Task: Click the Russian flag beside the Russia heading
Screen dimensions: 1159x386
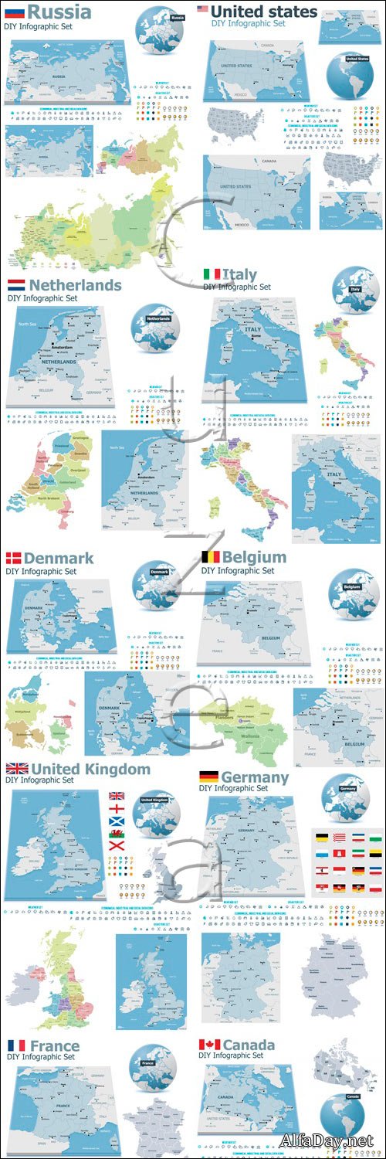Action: (x=15, y=13)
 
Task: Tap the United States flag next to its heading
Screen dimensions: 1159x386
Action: (x=203, y=9)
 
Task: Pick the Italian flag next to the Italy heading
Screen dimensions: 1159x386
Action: (x=212, y=274)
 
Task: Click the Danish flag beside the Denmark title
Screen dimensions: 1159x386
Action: (x=14, y=558)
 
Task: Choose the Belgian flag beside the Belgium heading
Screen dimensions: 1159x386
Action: (x=210, y=556)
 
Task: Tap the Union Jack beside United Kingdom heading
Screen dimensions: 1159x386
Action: (x=17, y=769)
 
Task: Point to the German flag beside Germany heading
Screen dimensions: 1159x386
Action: (x=208, y=776)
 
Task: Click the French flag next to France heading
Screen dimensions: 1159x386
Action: (x=15, y=1045)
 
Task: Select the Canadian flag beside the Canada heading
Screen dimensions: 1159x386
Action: (x=209, y=1045)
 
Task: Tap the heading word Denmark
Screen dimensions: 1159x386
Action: (x=59, y=558)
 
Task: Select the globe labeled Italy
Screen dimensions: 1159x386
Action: (x=355, y=291)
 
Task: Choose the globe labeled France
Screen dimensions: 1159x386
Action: (x=152, y=1067)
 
